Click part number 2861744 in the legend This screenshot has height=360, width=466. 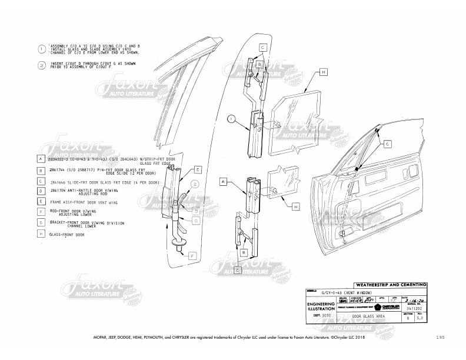pos(58,171)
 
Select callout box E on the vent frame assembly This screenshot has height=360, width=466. pos(198,169)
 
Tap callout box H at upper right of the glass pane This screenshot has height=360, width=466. pos(324,72)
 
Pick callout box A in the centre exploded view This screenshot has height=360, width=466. pos(224,182)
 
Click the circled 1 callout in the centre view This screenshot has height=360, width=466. pos(231,120)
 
